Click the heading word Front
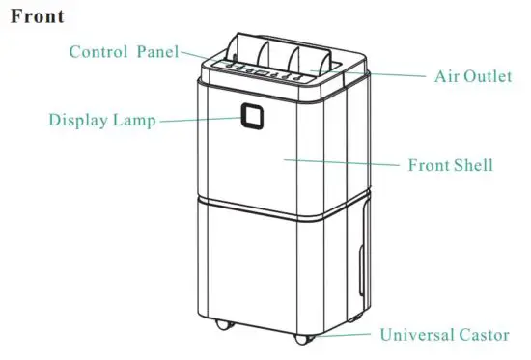pyautogui.click(x=38, y=17)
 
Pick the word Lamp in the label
pyautogui.click(x=136, y=121)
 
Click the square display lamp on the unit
pyautogui.click(x=253, y=117)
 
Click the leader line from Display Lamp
pyautogui.click(x=198, y=120)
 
